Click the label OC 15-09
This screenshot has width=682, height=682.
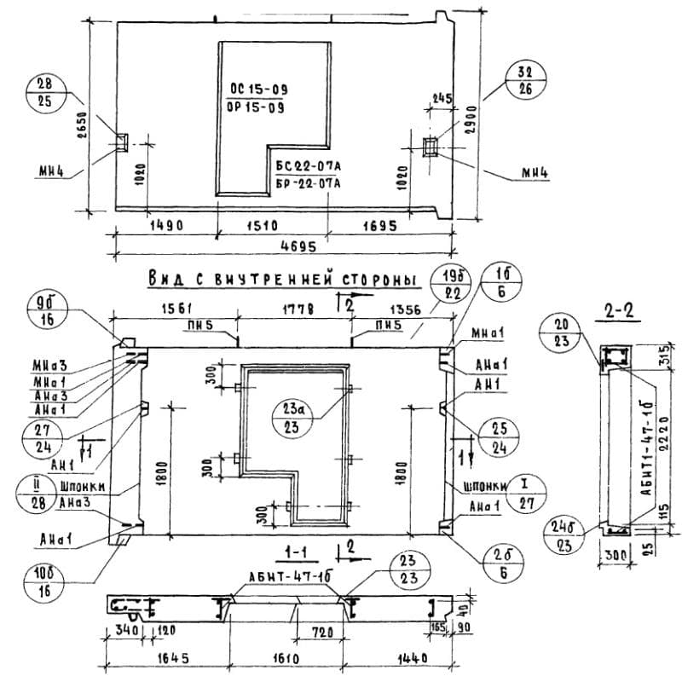257,88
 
